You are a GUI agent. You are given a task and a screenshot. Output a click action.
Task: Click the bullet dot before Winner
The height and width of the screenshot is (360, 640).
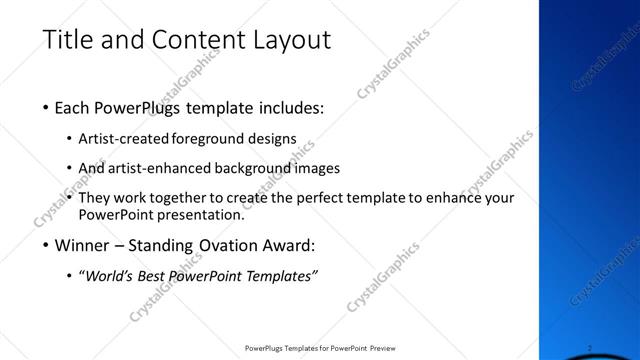(x=47, y=246)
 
